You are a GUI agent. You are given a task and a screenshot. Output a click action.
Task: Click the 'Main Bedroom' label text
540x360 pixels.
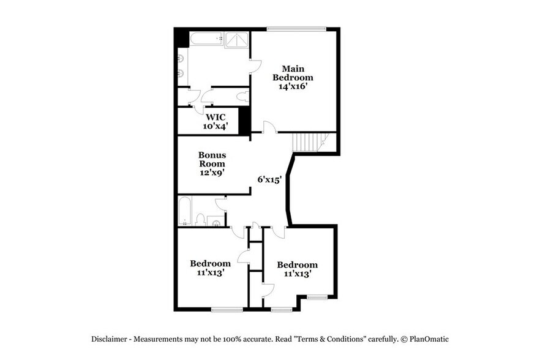pyautogui.click(x=293, y=73)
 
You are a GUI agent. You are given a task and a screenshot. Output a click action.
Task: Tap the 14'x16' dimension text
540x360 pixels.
pyautogui.click(x=293, y=87)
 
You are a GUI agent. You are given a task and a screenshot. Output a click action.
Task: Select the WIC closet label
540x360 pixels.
pyautogui.click(x=215, y=117)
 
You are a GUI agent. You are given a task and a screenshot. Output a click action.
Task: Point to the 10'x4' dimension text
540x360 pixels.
pyautogui.click(x=215, y=126)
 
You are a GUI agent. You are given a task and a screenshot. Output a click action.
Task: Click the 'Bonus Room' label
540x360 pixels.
pyautogui.click(x=212, y=160)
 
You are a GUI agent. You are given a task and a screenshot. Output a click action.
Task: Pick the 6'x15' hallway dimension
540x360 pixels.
pyautogui.click(x=269, y=179)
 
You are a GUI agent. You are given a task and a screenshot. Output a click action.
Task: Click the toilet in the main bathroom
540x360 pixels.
pyautogui.click(x=241, y=97)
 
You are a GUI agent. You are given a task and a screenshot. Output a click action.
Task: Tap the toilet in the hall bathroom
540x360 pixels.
pyautogui.click(x=200, y=219)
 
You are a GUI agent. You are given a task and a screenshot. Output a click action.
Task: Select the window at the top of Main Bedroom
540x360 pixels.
pyautogui.click(x=296, y=28)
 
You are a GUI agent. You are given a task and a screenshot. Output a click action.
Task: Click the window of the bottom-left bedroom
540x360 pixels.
pyautogui.click(x=227, y=309)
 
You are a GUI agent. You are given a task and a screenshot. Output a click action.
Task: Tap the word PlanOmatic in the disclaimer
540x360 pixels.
pyautogui.click(x=428, y=339)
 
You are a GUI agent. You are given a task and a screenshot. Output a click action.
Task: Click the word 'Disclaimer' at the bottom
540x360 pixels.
pyautogui.click(x=110, y=339)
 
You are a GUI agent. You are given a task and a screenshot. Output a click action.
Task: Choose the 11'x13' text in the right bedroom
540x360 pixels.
pyautogui.click(x=297, y=274)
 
